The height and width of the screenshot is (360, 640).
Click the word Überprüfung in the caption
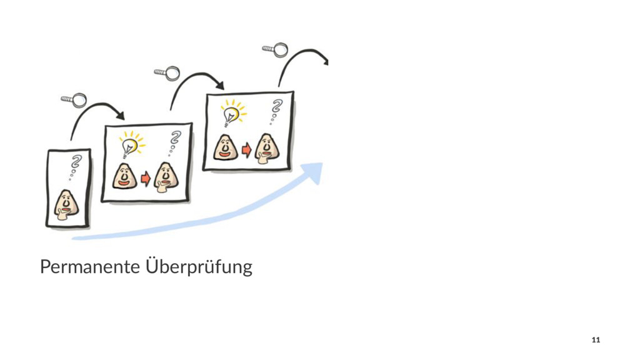click(198, 267)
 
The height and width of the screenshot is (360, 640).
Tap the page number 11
click(595, 339)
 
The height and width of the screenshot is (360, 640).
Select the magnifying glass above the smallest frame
click(74, 99)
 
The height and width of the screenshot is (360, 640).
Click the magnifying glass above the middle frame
click(167, 74)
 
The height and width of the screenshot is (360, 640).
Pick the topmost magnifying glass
click(276, 49)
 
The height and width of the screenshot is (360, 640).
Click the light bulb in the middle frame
click(130, 145)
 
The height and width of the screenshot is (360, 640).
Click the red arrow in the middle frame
click(145, 179)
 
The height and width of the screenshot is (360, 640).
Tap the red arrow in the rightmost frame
click(246, 150)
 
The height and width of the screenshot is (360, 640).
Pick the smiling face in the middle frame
click(124, 177)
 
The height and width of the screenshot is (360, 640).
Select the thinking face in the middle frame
click(165, 176)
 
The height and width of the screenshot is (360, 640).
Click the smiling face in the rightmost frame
click(226, 147)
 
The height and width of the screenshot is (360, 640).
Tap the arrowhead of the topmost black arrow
click(324, 61)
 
